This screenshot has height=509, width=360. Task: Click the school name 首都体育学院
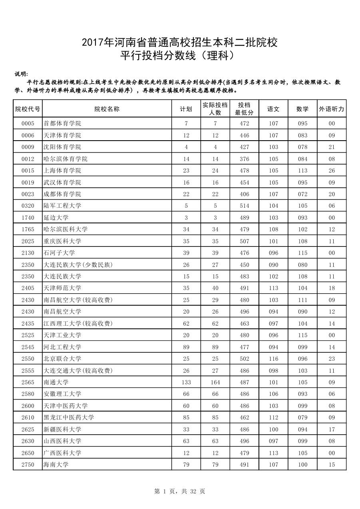(62, 123)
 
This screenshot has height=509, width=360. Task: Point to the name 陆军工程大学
(62, 206)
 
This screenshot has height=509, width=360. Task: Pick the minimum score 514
(244, 206)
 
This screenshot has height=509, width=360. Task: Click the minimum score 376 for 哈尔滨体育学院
(244, 159)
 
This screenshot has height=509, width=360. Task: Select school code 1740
(28, 218)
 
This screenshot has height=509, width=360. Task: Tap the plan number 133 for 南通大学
(186, 382)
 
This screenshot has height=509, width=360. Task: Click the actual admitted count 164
(215, 382)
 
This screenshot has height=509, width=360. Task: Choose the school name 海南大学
(56, 465)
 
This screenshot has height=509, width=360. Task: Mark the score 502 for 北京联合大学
(244, 359)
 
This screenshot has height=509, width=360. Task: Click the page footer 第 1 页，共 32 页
(180, 491)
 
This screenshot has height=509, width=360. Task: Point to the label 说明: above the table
(21, 74)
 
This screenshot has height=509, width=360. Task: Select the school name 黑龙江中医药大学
(69, 418)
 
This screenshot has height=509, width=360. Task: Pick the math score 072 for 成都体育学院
(302, 194)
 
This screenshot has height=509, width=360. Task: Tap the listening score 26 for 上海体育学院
(332, 171)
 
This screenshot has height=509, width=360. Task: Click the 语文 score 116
(273, 359)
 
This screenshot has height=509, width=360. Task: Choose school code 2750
(28, 465)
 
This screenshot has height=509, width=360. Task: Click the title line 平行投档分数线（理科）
(179, 56)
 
